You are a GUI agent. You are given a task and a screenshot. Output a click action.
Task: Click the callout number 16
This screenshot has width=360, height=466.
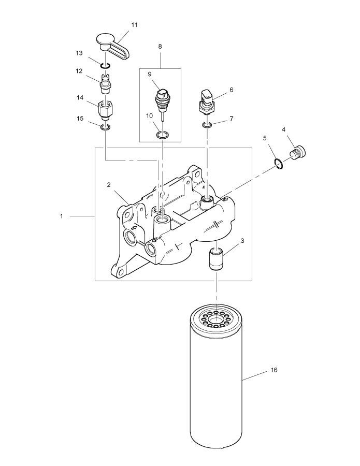[274, 370]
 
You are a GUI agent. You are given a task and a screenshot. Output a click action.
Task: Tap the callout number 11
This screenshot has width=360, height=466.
[135, 25]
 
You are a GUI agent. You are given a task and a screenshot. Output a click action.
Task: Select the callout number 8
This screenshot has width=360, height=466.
[160, 46]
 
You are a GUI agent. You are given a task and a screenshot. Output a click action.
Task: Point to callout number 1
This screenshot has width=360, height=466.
[61, 215]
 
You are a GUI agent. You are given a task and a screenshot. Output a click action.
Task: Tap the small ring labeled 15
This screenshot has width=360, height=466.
[105, 126]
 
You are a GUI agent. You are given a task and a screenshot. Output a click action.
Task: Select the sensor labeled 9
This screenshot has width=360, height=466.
[163, 98]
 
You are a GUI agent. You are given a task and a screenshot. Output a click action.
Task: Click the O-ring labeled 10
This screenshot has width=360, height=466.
[162, 135]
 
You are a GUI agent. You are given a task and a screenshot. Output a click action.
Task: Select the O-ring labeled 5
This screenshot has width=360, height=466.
[278, 165]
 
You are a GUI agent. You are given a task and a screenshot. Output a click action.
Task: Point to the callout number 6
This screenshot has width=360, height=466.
[231, 90]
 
